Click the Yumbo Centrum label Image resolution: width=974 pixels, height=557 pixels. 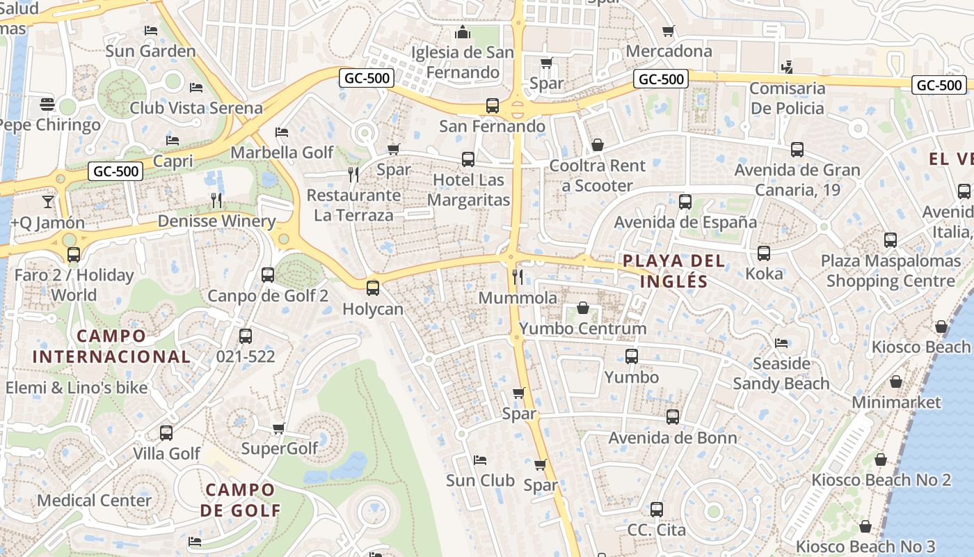pyautogui.click(x=583, y=328)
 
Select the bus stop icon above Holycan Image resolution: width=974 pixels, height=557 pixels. pyautogui.click(x=373, y=287)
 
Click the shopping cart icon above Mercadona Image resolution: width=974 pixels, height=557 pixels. pyautogui.click(x=669, y=31)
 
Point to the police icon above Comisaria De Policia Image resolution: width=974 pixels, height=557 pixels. pyautogui.click(x=787, y=68)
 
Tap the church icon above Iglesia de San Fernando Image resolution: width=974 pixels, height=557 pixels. pyautogui.click(x=462, y=32)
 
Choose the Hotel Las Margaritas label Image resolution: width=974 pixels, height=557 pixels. pyautogui.click(x=468, y=190)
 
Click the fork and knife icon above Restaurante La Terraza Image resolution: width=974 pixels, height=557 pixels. pyautogui.click(x=353, y=174)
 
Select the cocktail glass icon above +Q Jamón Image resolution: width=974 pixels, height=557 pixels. pyautogui.click(x=47, y=202)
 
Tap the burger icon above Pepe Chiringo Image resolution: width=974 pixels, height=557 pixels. pyautogui.click(x=47, y=104)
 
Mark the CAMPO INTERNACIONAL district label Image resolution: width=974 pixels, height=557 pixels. pyautogui.click(x=111, y=346)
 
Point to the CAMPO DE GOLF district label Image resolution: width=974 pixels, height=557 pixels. pyautogui.click(x=240, y=500)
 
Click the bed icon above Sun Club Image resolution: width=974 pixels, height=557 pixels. pyautogui.click(x=479, y=460)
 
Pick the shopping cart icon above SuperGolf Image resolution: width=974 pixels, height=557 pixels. pyautogui.click(x=278, y=428)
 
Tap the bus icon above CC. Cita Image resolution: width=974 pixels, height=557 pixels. pyautogui.click(x=656, y=509)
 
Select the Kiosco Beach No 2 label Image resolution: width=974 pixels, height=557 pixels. pyautogui.click(x=881, y=480)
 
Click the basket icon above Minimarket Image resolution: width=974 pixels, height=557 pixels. pyautogui.click(x=896, y=382)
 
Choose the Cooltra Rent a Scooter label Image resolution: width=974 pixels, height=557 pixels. pyautogui.click(x=597, y=175)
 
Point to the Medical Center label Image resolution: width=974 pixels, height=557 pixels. pyautogui.click(x=94, y=500)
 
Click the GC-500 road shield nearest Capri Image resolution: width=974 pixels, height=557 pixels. pyautogui.click(x=115, y=171)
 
